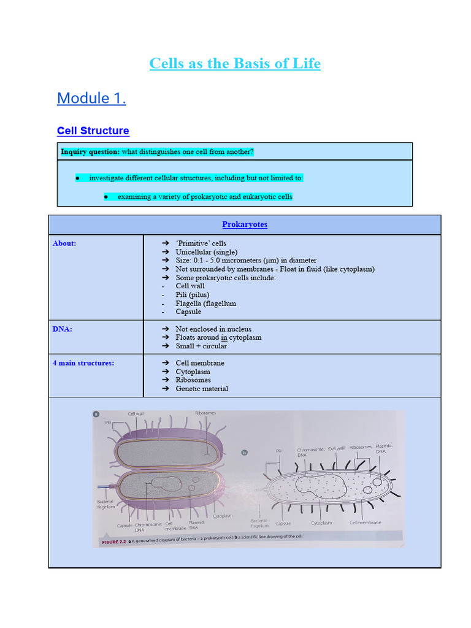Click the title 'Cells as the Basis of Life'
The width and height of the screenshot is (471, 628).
[x=235, y=64]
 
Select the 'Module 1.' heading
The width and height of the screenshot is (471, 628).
[x=91, y=98]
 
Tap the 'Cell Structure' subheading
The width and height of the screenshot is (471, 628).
[x=93, y=131]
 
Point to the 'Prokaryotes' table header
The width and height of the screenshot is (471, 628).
[x=245, y=224]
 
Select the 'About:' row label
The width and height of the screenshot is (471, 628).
[x=64, y=243]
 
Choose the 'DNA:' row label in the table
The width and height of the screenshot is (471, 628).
[x=63, y=329]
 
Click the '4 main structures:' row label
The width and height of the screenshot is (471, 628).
[x=83, y=363]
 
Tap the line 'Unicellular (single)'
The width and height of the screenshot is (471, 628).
[x=206, y=252]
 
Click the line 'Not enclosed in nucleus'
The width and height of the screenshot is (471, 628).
[x=213, y=329]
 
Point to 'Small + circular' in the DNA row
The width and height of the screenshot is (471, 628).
[x=201, y=346]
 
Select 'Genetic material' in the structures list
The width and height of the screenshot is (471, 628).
[x=202, y=388]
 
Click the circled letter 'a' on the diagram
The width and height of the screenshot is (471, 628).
[x=96, y=414]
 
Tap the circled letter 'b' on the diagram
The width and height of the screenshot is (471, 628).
[x=244, y=453]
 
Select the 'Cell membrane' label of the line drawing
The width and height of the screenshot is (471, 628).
[x=365, y=523]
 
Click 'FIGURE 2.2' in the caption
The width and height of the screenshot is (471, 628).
[x=113, y=542]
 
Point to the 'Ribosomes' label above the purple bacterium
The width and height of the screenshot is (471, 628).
[x=205, y=413]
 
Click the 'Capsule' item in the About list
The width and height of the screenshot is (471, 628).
[x=188, y=312]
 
